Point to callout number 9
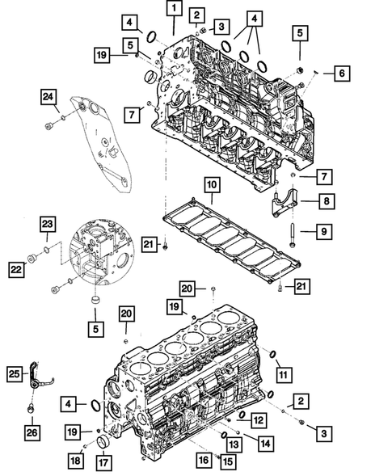tap(322, 232)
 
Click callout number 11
tap(283, 374)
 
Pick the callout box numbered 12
tap(257, 419)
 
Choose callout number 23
tap(48, 224)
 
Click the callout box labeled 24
tap(50, 98)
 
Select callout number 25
tap(14, 373)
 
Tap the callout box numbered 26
tap(31, 432)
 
